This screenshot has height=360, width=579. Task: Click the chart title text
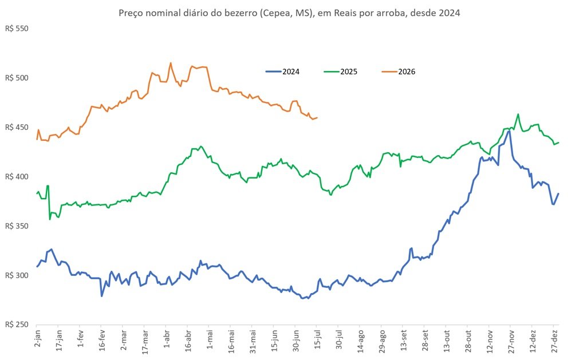(289, 13)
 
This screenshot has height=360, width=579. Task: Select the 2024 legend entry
(283, 72)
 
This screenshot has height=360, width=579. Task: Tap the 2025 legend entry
(341, 72)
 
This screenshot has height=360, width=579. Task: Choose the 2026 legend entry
(399, 72)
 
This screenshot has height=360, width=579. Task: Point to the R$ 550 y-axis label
(17, 29)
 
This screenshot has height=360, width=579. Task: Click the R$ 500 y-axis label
(17, 78)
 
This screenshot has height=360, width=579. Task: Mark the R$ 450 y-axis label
(17, 127)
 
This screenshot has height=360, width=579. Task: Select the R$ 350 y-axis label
(17, 226)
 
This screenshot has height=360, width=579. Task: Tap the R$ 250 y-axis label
(17, 325)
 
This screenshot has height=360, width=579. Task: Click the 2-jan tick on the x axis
(37, 340)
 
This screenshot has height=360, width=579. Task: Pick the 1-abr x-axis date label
(166, 339)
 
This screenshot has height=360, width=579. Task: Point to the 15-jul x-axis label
(317, 340)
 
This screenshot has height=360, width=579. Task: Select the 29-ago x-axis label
(382, 342)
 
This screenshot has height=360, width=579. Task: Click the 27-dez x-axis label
(555, 342)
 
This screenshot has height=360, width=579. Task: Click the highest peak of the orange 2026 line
(171, 63)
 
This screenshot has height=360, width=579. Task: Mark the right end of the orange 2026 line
(317, 118)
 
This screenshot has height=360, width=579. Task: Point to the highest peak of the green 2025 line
(518, 114)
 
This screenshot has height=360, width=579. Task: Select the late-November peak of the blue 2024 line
(509, 131)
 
